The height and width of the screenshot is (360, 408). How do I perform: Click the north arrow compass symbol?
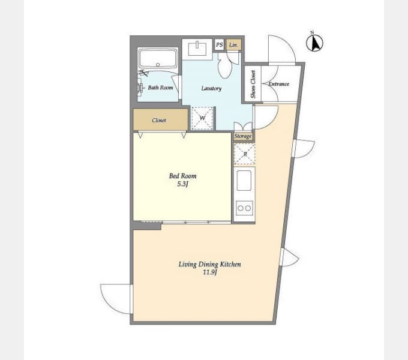[314, 43]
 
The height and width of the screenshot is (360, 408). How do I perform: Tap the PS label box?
[219, 45]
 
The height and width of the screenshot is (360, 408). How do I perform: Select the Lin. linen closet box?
[233, 45]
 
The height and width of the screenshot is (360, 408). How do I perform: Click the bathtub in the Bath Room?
[158, 59]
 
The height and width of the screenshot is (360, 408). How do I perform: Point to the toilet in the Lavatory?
[224, 65]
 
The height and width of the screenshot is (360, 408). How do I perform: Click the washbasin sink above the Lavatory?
[197, 49]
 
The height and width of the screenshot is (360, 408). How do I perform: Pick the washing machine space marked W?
[202, 118]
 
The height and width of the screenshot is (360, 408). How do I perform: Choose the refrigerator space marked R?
[245, 154]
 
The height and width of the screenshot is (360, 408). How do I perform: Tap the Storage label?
[243, 136]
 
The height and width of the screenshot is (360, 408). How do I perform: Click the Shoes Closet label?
[253, 84]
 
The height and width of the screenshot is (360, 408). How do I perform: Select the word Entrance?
[278, 84]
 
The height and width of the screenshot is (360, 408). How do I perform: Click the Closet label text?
[159, 120]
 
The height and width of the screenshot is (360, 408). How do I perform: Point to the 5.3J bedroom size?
[182, 184]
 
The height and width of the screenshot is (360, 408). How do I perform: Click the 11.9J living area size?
[210, 272]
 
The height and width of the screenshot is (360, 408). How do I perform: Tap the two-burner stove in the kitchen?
[244, 208]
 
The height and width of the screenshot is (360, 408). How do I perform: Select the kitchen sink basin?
[244, 181]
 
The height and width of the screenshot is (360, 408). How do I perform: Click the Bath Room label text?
[161, 88]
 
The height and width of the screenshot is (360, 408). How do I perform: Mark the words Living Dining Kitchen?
[210, 264]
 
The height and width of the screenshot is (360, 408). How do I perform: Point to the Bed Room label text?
[182, 176]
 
